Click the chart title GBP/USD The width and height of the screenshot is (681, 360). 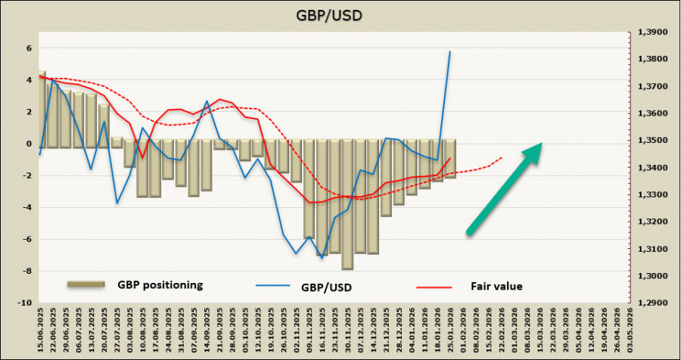[x=340, y=15]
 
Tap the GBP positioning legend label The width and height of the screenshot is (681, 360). [x=160, y=285]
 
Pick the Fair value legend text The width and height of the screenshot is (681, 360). [x=496, y=286]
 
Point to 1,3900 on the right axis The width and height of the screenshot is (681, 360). [x=650, y=33]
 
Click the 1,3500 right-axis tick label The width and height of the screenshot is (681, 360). [x=650, y=141]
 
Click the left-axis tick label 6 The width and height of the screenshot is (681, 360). [x=28, y=48]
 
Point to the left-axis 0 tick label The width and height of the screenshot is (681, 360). [x=28, y=144]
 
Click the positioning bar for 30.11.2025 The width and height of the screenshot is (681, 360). [x=347, y=204]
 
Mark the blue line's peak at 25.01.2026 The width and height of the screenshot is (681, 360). [x=450, y=51]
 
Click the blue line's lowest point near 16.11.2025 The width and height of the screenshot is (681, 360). [x=322, y=259]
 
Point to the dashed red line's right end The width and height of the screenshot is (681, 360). [x=502, y=157]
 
